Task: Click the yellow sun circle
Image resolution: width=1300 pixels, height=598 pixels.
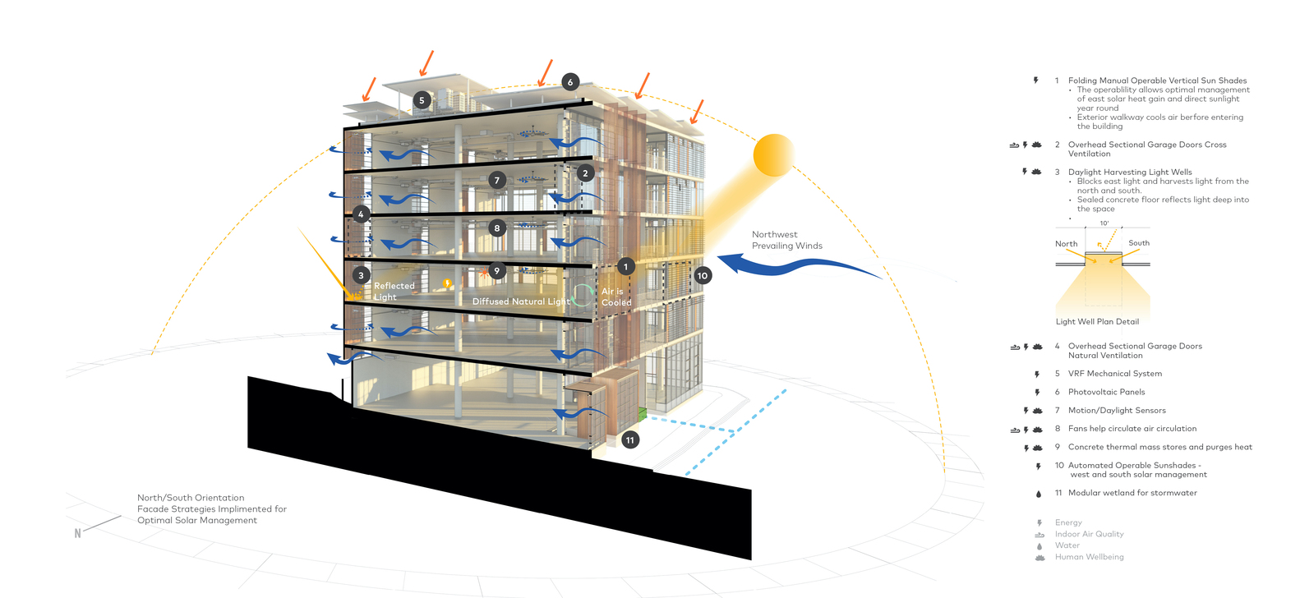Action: click(x=773, y=154)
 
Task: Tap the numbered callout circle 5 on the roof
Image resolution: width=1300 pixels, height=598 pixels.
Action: click(x=422, y=100)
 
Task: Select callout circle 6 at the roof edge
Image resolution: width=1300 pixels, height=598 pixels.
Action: click(x=570, y=82)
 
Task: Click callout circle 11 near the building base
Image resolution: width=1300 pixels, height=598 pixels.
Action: click(x=630, y=440)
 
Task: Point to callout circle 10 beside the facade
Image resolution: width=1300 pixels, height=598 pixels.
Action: click(x=703, y=276)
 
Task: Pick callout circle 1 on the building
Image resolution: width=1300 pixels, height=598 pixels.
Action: click(x=625, y=267)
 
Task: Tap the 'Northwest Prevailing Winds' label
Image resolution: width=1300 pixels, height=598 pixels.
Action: click(x=786, y=240)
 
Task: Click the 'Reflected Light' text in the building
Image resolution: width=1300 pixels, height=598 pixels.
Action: click(x=394, y=292)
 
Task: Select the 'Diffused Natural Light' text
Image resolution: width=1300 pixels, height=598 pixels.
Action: click(x=521, y=301)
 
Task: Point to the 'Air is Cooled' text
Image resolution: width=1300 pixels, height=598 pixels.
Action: click(x=616, y=297)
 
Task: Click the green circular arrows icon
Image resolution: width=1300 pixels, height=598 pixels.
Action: click(x=583, y=295)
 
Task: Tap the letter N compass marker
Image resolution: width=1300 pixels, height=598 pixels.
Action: click(x=78, y=533)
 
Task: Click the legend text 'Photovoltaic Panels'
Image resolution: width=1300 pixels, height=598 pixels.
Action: click(x=1106, y=392)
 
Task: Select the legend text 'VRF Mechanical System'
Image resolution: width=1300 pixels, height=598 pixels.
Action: click(x=1114, y=374)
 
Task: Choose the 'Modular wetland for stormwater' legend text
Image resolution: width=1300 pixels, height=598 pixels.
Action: click(x=1132, y=493)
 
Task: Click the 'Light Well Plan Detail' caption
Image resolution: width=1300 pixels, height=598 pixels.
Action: click(x=1097, y=322)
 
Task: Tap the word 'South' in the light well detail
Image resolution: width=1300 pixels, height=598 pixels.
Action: click(x=1139, y=243)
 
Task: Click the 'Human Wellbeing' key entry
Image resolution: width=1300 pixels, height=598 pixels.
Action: click(x=1089, y=557)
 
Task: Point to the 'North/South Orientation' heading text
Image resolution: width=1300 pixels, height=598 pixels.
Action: click(x=191, y=498)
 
